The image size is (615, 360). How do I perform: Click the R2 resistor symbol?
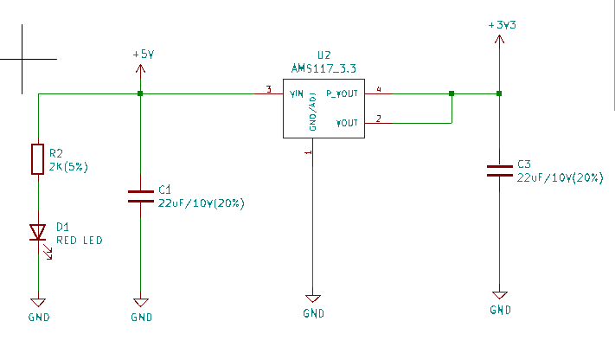click(37, 159)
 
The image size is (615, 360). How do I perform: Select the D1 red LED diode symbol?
click(37, 232)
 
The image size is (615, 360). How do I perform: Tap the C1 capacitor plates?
click(140, 195)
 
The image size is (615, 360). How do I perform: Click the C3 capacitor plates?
click(499, 170)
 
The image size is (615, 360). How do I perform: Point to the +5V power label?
click(143, 54)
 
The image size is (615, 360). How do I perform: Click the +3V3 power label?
click(503, 26)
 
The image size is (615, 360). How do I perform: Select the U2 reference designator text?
click(324, 55)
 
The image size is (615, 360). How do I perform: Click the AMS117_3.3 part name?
click(324, 67)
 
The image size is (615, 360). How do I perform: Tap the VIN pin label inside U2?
click(297, 93)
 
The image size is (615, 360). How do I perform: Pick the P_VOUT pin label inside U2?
click(342, 93)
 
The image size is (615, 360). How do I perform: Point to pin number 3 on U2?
click(269, 89)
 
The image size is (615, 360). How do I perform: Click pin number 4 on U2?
click(379, 89)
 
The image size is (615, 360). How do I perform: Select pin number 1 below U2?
click(308, 152)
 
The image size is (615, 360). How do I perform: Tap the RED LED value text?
click(79, 240)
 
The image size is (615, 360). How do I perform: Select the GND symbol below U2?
click(314, 298)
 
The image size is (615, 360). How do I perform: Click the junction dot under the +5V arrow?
click(140, 93)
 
